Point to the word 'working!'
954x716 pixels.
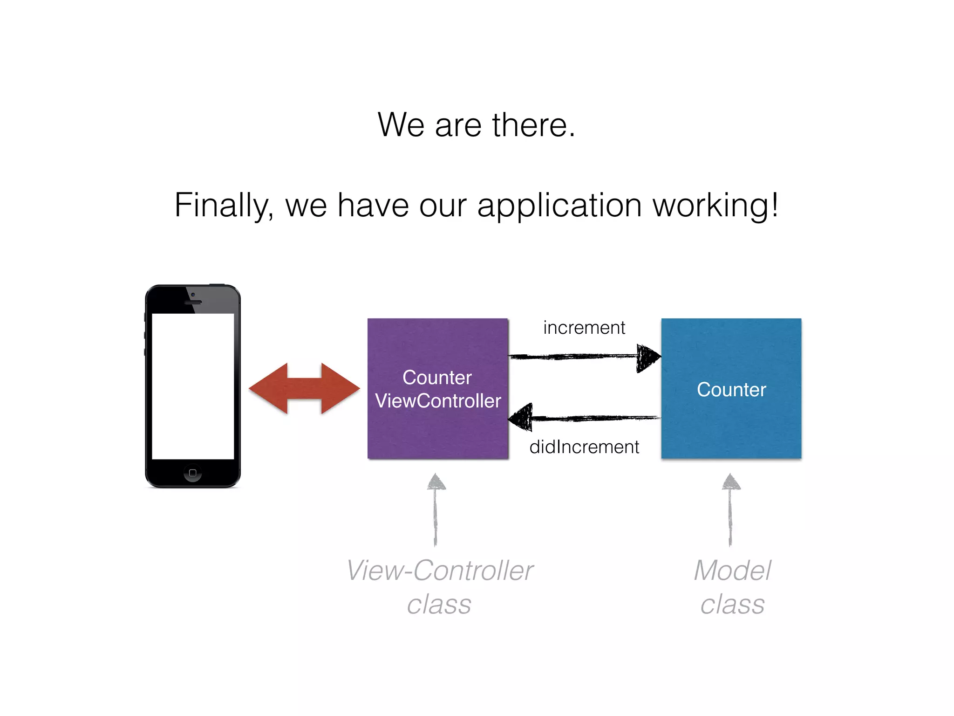click(715, 205)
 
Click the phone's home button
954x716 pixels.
click(193, 473)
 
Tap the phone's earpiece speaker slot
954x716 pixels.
click(193, 303)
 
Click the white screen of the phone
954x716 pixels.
click(193, 386)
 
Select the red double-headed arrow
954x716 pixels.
click(304, 388)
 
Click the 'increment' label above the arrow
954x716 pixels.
click(584, 328)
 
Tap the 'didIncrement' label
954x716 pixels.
click(584, 447)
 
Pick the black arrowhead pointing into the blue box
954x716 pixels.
click(648, 358)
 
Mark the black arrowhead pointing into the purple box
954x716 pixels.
click(521, 417)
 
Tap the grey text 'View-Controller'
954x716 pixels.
click(440, 571)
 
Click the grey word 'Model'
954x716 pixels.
click(732, 571)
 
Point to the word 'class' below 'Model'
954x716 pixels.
click(732, 605)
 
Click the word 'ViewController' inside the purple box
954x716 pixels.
click(438, 401)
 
